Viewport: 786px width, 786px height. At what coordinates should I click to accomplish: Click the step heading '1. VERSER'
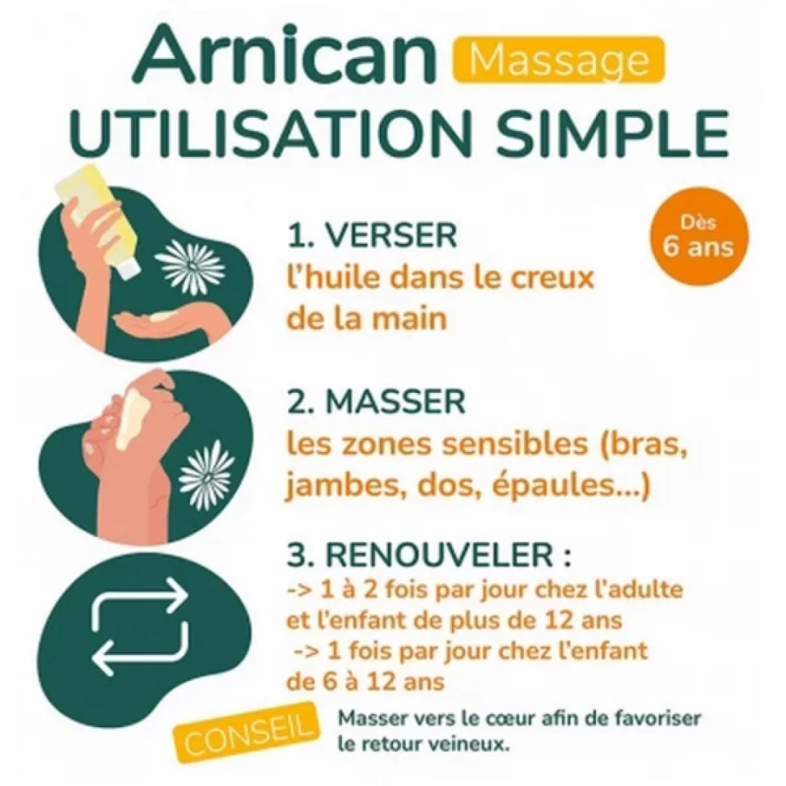pyautogui.click(x=372, y=236)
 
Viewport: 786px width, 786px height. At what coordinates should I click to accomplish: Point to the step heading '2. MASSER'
pyautogui.click(x=376, y=403)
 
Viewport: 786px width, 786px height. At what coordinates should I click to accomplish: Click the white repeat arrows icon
pyautogui.click(x=140, y=626)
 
